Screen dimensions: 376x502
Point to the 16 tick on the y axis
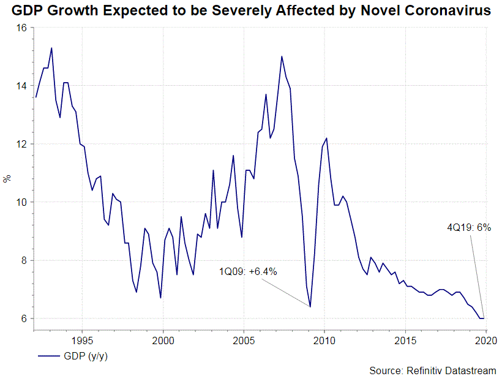[22, 28]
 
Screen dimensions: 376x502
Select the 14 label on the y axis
[22, 86]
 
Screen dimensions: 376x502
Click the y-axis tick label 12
[22, 145]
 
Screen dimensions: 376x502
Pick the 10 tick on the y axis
[22, 203]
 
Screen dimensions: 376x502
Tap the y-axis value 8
[24, 261]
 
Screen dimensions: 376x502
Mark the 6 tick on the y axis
[24, 319]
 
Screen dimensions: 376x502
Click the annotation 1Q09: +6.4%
[249, 271]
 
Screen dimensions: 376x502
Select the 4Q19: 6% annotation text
[470, 227]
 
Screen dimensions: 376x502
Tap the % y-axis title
[7, 179]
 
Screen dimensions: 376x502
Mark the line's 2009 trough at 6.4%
[310, 307]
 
